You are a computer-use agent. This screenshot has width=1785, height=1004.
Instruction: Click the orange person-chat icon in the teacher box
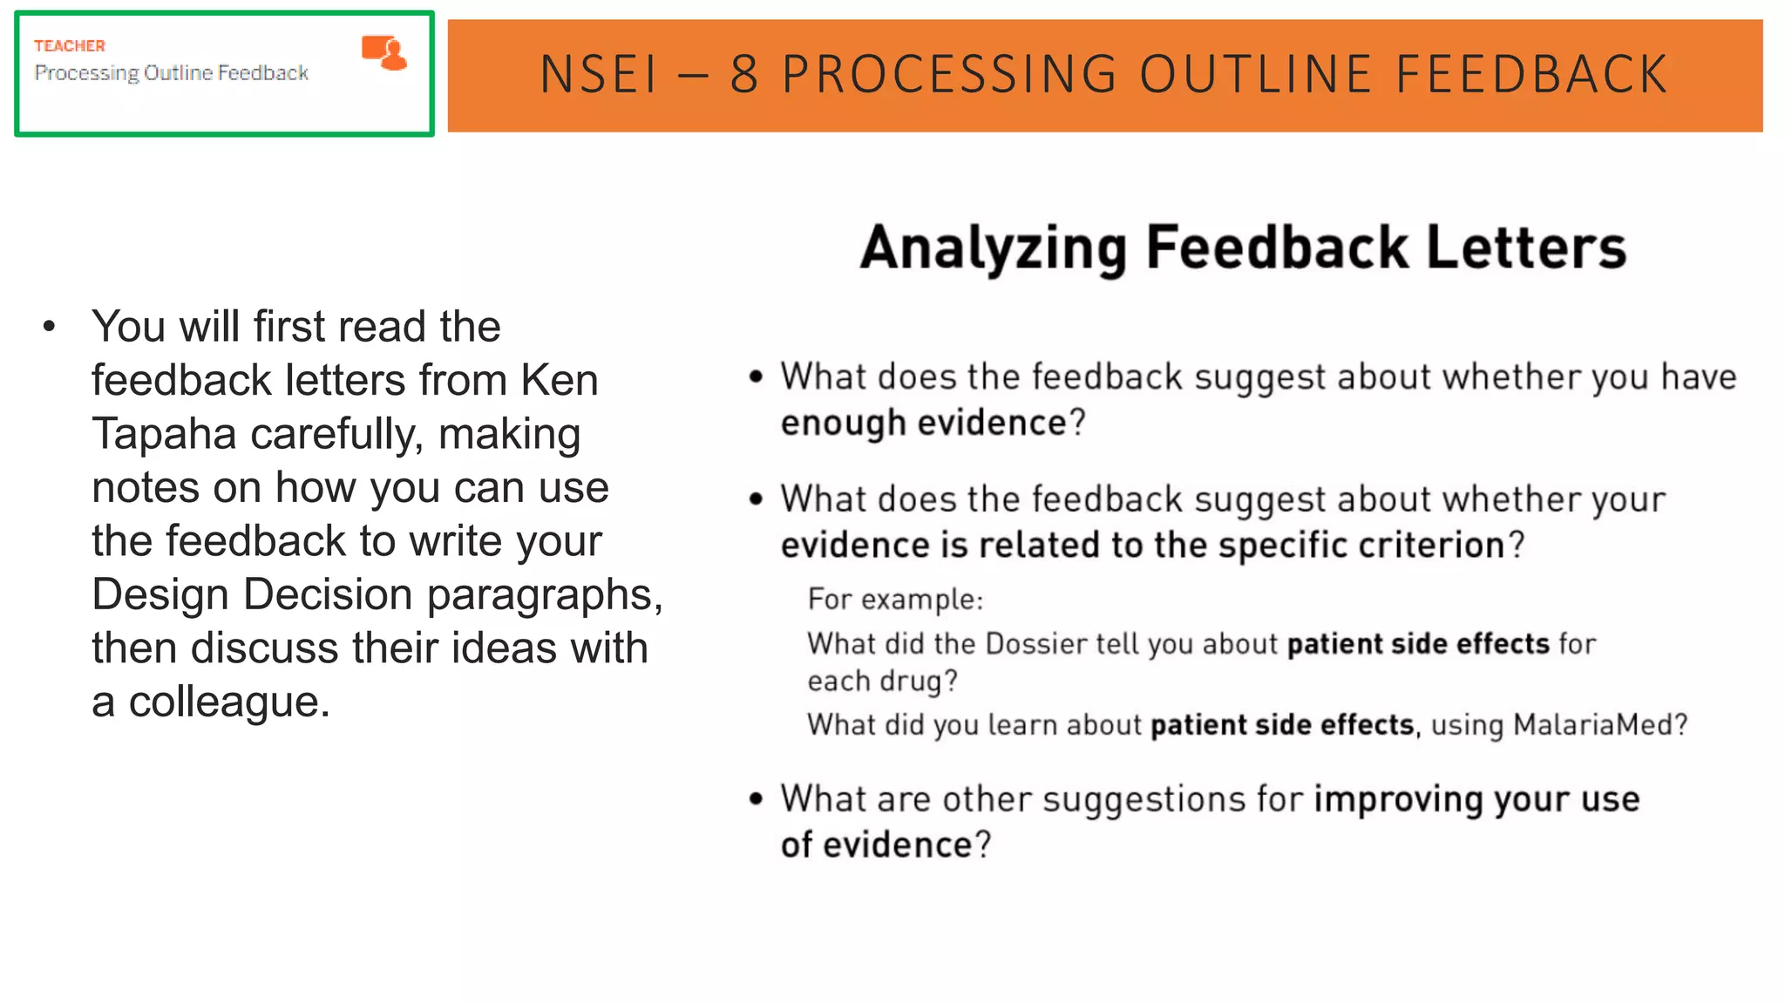coord(384,52)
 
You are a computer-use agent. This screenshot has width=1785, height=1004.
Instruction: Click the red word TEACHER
coord(70,46)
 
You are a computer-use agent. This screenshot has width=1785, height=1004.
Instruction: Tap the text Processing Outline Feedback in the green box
coord(172,73)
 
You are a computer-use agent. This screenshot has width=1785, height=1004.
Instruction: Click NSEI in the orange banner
coord(599,75)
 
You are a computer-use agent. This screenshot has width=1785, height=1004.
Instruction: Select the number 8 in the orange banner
coord(743,75)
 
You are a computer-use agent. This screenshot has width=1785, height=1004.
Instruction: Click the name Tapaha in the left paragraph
coord(164,434)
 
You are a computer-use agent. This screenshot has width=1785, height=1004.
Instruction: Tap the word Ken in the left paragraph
coord(559,381)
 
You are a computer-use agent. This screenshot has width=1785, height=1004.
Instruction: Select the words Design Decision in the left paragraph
coord(252,595)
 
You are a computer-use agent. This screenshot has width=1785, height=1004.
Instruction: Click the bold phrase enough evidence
coord(923,424)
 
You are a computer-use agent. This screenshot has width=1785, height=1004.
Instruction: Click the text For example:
coord(895,600)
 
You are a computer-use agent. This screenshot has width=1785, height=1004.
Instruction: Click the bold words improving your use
coord(1476,800)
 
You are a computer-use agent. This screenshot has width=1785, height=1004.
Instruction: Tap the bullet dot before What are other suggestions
coord(756,798)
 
